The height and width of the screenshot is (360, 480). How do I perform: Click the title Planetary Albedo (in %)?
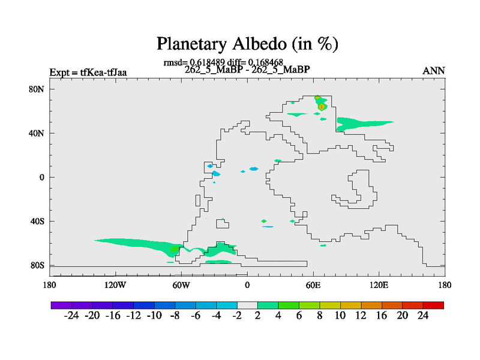point(247,44)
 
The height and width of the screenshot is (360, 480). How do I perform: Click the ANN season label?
point(433,71)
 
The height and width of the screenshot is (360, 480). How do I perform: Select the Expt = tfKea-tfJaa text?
point(88,73)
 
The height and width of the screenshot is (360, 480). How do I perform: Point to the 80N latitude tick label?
point(37,89)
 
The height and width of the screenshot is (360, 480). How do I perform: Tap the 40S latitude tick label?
point(37,221)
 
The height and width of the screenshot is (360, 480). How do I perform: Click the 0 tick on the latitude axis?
point(41,177)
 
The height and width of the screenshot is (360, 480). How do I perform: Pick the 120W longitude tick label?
point(115,286)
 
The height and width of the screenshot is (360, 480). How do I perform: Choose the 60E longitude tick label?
point(313,286)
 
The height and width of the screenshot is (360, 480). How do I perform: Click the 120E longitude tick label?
point(379,286)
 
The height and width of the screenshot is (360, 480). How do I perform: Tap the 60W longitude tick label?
point(181,286)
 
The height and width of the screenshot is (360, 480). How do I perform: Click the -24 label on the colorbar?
point(71,316)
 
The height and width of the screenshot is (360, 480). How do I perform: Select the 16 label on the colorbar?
point(382,316)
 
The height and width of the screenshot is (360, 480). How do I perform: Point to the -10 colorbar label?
point(154,316)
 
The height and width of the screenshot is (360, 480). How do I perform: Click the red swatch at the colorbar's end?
point(433,305)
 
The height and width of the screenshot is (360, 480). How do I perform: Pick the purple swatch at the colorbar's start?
point(61,305)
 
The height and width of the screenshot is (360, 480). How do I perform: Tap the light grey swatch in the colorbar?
point(247,305)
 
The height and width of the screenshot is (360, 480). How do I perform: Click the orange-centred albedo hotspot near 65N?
point(321,107)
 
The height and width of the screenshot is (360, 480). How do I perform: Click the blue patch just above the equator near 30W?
point(216,174)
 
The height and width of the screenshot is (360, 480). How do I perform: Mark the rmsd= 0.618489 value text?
point(194,62)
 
